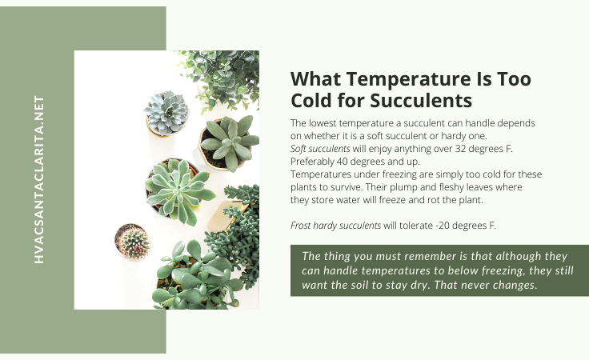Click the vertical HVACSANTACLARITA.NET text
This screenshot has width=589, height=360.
[39, 179]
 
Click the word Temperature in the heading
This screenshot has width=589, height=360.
[408, 79]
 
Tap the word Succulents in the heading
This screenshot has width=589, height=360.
[421, 101]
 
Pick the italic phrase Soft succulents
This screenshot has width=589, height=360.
[320, 149]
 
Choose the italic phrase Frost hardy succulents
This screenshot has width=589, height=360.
[335, 226]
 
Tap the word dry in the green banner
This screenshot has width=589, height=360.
[419, 285]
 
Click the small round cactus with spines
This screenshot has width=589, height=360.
[133, 242]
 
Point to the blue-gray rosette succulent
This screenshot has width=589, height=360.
[166, 113]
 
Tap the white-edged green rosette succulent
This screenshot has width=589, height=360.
[178, 190]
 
